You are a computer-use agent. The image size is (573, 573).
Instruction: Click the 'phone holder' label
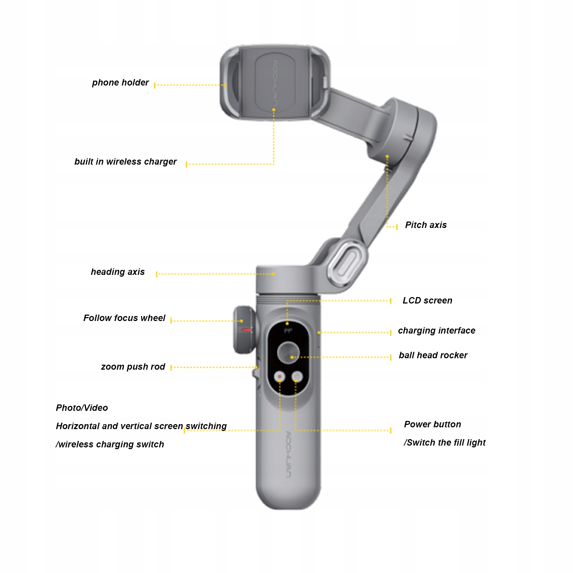coord(120,83)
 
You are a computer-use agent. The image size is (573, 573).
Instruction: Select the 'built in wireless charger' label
coord(125,162)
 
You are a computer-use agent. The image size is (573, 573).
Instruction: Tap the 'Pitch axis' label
coord(426,225)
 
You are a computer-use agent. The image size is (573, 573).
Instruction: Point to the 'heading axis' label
coord(117,272)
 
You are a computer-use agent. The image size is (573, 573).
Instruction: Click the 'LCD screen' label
coord(427,301)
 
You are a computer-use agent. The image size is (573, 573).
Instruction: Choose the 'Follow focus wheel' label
coord(124,318)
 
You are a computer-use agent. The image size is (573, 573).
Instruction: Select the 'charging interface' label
coord(436,331)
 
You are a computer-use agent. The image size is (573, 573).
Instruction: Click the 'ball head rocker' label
coord(433,355)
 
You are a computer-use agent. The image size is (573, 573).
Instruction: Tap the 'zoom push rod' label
coord(133,367)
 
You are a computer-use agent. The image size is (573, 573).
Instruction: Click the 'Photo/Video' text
coord(82,408)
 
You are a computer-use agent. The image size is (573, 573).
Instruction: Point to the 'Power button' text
coord(432,424)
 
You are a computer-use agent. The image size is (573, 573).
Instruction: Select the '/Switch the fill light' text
coord(445,443)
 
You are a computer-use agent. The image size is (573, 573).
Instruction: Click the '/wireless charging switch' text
coord(110,445)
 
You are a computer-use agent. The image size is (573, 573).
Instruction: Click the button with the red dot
coord(280,377)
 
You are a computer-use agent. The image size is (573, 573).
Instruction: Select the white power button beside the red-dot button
coord(297,377)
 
